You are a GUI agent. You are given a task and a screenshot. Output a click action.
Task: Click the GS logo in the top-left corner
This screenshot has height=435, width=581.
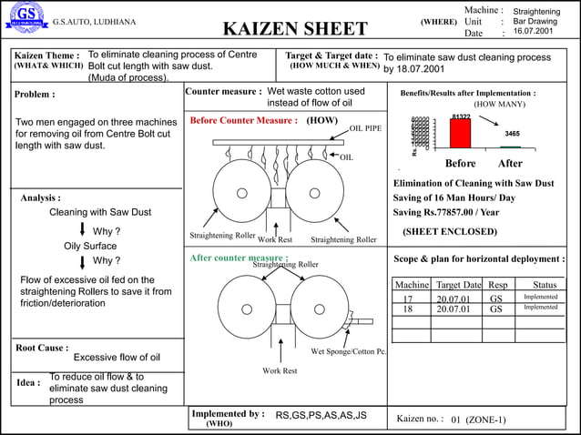click(25, 17)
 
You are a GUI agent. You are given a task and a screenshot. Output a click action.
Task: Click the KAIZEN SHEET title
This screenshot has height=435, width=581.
click(295, 29)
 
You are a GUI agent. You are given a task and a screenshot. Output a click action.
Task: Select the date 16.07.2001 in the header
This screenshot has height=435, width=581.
click(533, 32)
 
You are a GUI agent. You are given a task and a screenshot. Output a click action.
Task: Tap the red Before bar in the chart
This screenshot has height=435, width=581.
click(460, 133)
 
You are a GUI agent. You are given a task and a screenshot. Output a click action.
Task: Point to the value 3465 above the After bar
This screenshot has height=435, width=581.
click(512, 134)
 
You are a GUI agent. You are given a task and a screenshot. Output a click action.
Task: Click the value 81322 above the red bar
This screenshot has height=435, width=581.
click(461, 116)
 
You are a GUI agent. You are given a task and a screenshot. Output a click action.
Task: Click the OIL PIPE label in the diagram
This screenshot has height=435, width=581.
click(365, 128)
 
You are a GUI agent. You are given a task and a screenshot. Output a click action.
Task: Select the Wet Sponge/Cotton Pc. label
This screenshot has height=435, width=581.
click(349, 351)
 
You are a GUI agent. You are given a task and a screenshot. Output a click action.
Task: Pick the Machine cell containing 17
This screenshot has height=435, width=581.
click(408, 298)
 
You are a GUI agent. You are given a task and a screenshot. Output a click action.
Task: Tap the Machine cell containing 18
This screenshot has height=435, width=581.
click(408, 309)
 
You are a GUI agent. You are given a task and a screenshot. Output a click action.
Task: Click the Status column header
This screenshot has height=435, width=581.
click(545, 285)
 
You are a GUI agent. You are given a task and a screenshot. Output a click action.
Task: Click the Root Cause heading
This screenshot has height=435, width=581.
click(42, 348)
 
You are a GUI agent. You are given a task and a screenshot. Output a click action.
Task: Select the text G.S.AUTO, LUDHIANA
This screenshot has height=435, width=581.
click(95, 22)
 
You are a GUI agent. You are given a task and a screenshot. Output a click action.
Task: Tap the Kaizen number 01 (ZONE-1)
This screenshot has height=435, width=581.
click(478, 420)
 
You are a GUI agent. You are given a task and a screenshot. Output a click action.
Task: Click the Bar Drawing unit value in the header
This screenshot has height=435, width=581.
click(535, 21)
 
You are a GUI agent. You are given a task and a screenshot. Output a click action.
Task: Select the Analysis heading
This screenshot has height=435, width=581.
click(41, 197)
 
